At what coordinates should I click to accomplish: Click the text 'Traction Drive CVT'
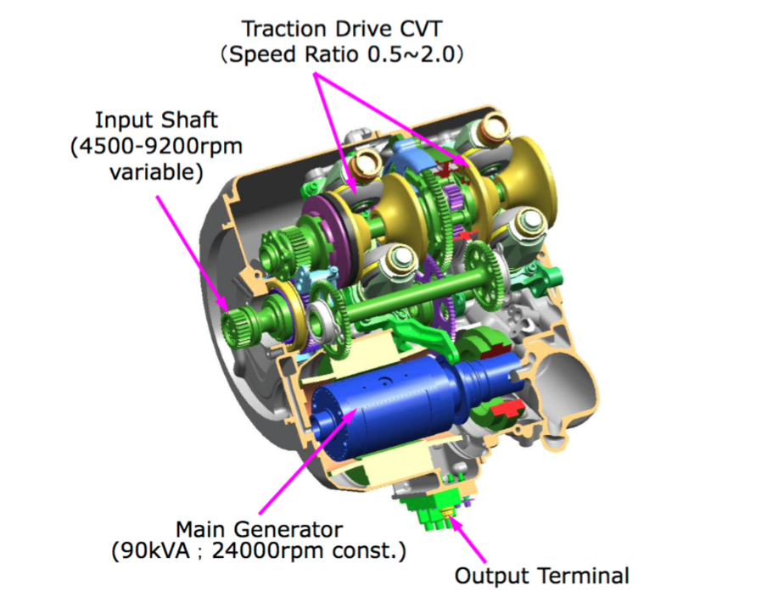coord(341,29)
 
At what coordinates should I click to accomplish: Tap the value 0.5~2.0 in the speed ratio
coord(410,54)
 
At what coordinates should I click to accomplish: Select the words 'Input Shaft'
coord(156,120)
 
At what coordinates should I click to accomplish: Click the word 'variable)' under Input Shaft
coord(156,172)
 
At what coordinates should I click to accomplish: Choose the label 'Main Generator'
coord(260,529)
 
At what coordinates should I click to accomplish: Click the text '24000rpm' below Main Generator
coord(269,551)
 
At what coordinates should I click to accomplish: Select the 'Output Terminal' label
coord(542,576)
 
